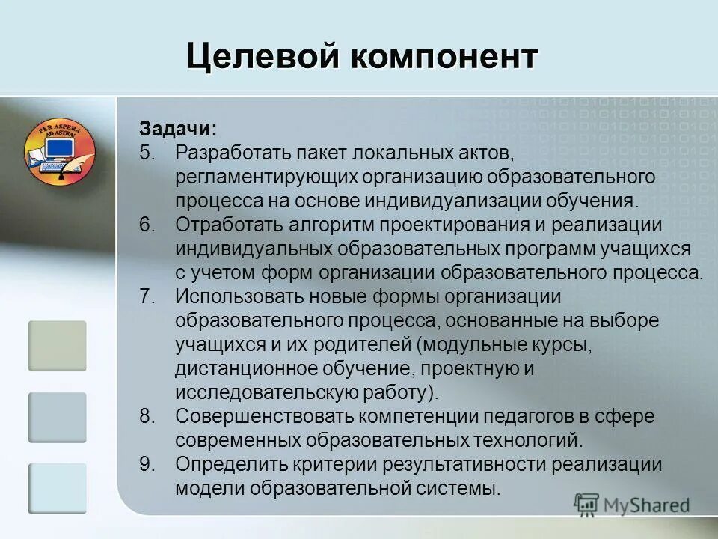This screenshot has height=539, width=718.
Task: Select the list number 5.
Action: (147, 153)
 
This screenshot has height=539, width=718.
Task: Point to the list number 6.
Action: (147, 225)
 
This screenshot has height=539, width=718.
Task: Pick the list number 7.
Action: (147, 296)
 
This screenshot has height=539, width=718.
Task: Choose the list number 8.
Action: (147, 416)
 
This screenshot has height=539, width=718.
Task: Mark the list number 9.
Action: (147, 464)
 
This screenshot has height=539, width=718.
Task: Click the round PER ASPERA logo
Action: (59, 150)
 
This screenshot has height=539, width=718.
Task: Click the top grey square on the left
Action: (58, 346)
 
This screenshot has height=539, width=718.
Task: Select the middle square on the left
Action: (58, 417)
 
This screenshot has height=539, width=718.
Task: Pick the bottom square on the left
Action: (58, 488)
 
